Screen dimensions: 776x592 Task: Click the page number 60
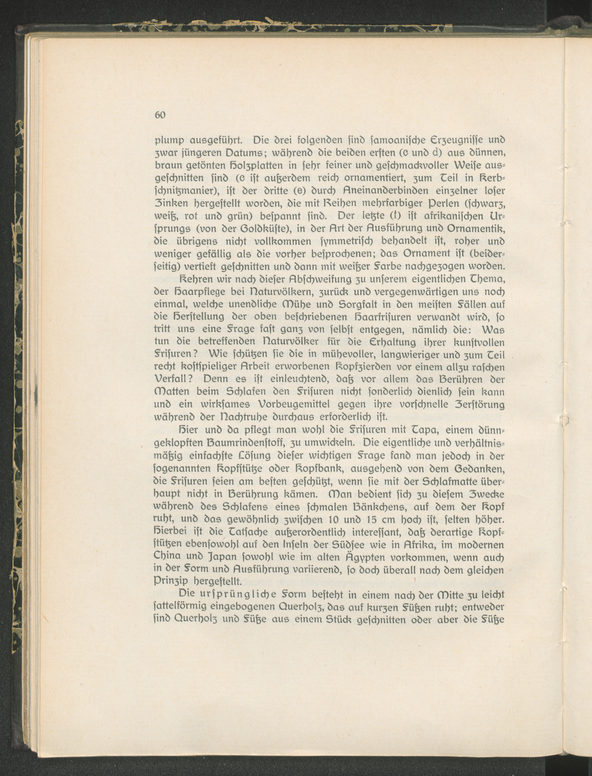pos(160,115)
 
